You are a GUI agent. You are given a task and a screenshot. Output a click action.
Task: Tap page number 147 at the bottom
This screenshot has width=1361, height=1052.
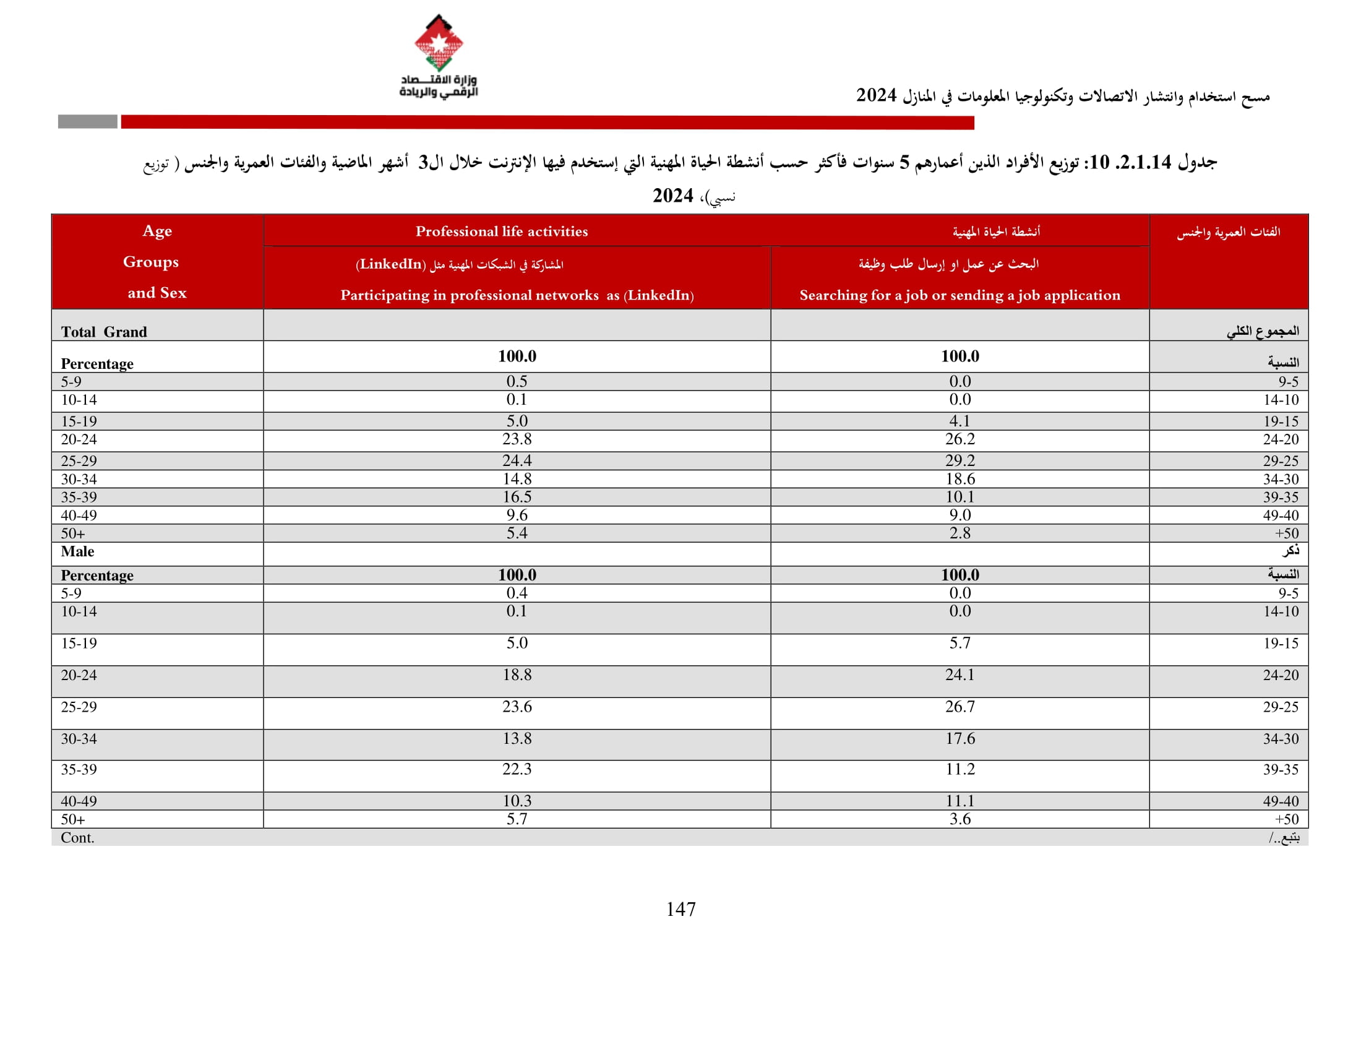pos(680,909)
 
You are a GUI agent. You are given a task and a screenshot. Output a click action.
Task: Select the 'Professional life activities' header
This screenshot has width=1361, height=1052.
pos(502,231)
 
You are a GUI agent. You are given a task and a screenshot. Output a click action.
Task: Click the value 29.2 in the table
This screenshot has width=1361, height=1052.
pos(960,460)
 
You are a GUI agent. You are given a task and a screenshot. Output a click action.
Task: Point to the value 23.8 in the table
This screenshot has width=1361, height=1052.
pos(517,439)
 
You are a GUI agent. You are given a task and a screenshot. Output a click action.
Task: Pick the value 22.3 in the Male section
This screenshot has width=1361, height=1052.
pos(517,769)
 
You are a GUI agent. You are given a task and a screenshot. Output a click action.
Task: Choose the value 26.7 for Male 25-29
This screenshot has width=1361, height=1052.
pos(960,707)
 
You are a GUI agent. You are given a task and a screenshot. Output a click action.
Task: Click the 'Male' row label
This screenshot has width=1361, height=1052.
pos(77,551)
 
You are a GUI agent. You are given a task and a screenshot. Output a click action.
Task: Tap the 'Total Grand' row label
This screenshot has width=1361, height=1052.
pos(104,332)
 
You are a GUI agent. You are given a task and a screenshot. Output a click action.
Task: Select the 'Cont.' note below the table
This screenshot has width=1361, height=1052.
pos(77,838)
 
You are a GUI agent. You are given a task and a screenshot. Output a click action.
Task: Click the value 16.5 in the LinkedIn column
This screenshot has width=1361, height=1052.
pos(517,497)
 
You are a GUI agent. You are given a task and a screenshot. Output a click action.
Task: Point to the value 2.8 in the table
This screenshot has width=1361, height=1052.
pos(960,533)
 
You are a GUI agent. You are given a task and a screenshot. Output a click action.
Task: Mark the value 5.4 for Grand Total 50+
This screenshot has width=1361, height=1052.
pos(517,533)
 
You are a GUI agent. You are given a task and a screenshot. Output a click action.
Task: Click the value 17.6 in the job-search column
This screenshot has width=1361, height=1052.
pos(960,738)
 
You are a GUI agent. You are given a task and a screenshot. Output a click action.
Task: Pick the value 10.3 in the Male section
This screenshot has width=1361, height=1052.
pos(517,801)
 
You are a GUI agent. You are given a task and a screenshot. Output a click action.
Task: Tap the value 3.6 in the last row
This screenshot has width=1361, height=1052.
pos(960,819)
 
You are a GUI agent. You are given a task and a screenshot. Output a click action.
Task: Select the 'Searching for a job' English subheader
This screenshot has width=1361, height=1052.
pos(960,295)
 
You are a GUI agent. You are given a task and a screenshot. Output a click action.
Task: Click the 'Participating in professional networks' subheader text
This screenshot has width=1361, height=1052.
pos(517,295)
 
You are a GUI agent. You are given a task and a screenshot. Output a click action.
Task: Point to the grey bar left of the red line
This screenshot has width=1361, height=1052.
pos(87,121)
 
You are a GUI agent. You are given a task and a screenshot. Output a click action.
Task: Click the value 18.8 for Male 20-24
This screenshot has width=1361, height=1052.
pos(517,675)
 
